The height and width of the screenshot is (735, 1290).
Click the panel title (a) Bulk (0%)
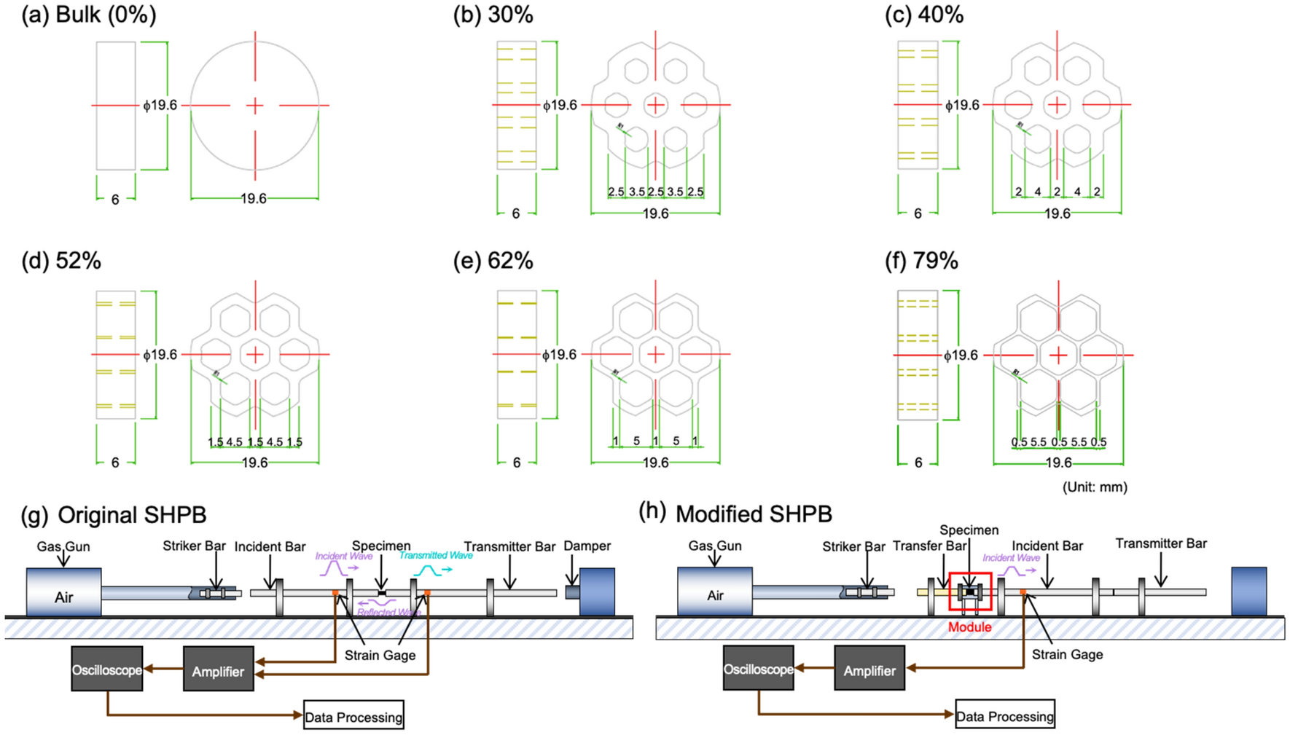tap(88, 15)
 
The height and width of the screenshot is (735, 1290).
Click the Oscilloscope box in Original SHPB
tap(106, 669)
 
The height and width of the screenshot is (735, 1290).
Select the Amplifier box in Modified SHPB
tap(869, 670)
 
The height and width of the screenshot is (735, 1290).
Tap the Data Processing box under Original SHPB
tap(353, 717)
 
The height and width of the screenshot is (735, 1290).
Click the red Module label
tap(969, 627)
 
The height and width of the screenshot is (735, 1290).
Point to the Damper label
tap(587, 546)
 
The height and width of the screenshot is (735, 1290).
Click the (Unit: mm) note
tap(1094, 487)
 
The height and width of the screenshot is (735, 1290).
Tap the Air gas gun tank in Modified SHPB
tap(714, 594)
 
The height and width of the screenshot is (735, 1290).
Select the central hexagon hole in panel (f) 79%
tap(1058, 355)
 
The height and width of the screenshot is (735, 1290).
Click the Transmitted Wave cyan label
tap(436, 555)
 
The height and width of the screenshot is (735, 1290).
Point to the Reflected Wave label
tap(388, 612)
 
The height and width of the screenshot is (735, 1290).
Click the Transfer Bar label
tap(929, 546)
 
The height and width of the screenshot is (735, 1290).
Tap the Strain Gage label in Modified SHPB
tap(1067, 654)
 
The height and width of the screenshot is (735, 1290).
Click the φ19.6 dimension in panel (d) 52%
tap(160, 355)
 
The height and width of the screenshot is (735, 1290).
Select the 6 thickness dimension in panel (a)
tap(115, 199)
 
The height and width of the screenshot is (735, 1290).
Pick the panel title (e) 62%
tap(493, 261)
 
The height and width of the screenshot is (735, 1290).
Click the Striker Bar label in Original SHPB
tap(194, 546)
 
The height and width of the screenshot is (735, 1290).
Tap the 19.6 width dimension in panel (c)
tap(1057, 213)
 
